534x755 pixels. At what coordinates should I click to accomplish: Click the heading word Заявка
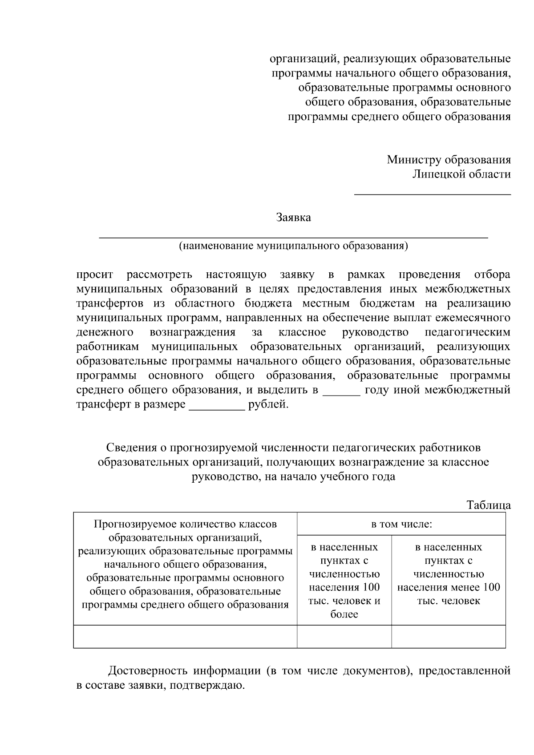tap(293, 218)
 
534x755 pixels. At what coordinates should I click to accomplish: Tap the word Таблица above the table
tap(488, 505)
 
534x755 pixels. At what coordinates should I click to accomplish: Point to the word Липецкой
tap(438, 174)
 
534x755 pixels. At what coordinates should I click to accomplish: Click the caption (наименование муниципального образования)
tap(293, 246)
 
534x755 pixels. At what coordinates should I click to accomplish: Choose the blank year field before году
tap(341, 395)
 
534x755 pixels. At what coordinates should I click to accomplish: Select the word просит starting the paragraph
tap(95, 275)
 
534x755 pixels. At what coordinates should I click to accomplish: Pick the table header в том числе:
tap(401, 524)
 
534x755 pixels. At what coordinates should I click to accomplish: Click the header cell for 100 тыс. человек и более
tap(344, 580)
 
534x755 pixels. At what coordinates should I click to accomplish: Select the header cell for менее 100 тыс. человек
tap(449, 574)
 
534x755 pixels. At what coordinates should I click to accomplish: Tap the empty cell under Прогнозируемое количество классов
tap(185, 637)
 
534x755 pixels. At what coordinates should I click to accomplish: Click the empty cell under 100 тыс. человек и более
tap(344, 637)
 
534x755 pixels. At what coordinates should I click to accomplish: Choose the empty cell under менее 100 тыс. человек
tap(449, 637)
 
